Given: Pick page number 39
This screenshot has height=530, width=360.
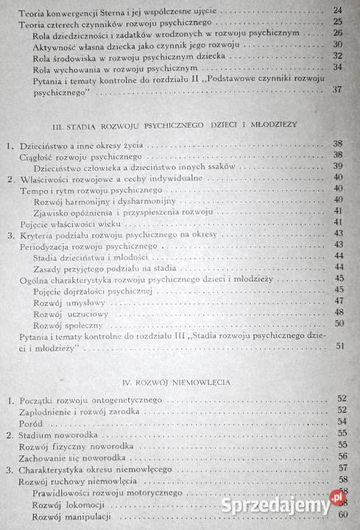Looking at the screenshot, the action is pyautogui.click(x=338, y=166).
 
